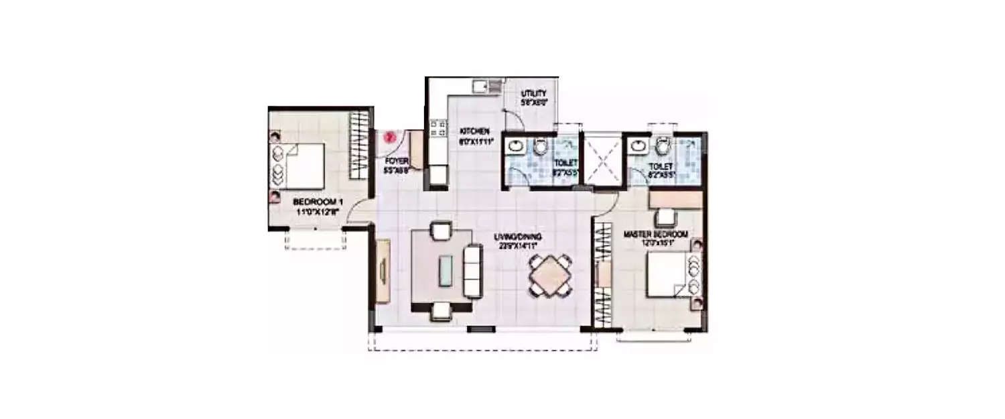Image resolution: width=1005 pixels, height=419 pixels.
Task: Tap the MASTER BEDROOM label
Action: (x=656, y=234)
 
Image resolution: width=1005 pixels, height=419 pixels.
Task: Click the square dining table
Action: (x=550, y=276)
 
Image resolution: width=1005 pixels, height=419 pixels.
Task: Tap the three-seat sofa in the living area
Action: (x=472, y=271)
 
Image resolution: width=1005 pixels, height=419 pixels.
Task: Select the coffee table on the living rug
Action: (x=445, y=271)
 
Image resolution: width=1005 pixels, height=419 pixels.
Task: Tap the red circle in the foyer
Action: (x=389, y=137)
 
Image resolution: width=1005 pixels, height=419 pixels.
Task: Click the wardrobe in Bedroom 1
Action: (x=360, y=145)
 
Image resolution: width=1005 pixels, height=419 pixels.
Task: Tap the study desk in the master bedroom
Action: (x=675, y=200)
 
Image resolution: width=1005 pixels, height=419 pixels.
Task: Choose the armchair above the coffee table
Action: (x=441, y=231)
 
